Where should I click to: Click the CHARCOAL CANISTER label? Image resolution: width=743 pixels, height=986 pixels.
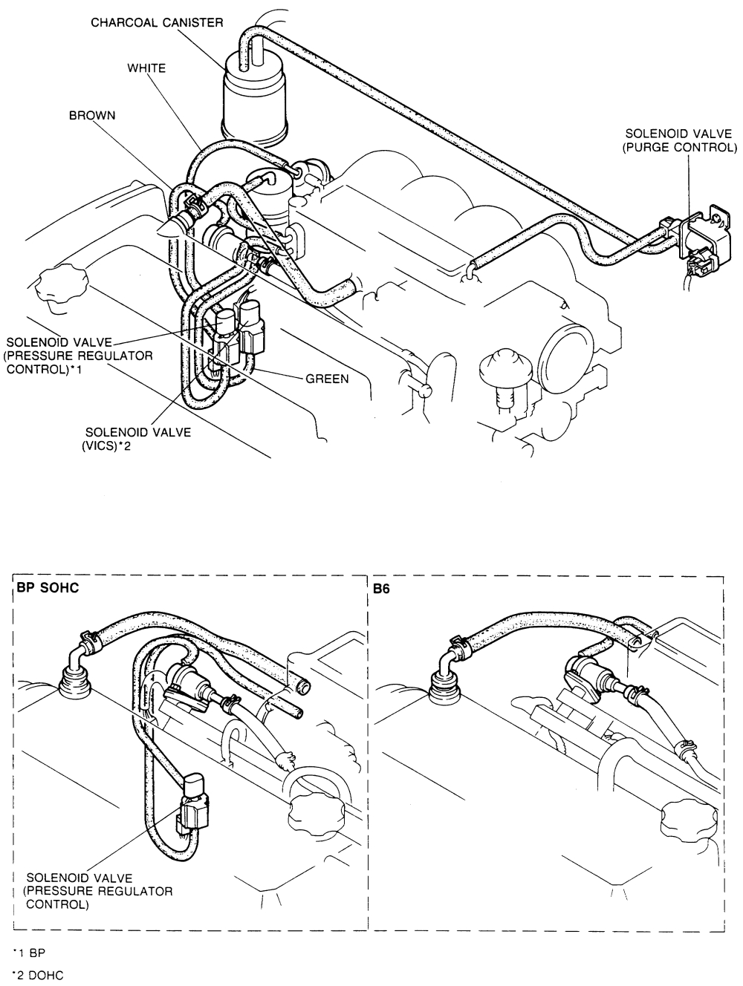157,22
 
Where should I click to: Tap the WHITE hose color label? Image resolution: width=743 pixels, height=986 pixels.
146,68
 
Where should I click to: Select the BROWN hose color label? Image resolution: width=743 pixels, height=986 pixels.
92,117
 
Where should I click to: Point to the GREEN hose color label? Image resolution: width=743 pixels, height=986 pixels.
327,379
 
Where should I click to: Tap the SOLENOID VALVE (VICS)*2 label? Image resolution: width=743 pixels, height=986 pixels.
137,438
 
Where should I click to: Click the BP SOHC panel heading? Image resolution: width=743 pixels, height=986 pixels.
47,587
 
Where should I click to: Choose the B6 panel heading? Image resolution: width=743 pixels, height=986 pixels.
380,587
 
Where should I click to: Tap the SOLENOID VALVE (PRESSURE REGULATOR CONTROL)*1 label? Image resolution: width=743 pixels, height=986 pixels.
79,355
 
